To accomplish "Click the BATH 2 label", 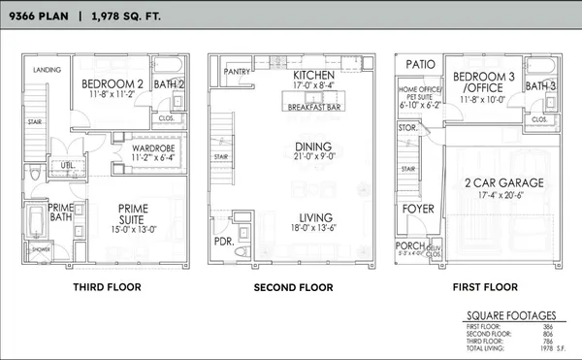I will [x=170, y=84].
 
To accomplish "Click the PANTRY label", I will [x=238, y=71].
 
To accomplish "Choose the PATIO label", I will [x=419, y=63].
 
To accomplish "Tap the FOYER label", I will [x=419, y=207].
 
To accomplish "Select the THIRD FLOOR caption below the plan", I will [x=107, y=287].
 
